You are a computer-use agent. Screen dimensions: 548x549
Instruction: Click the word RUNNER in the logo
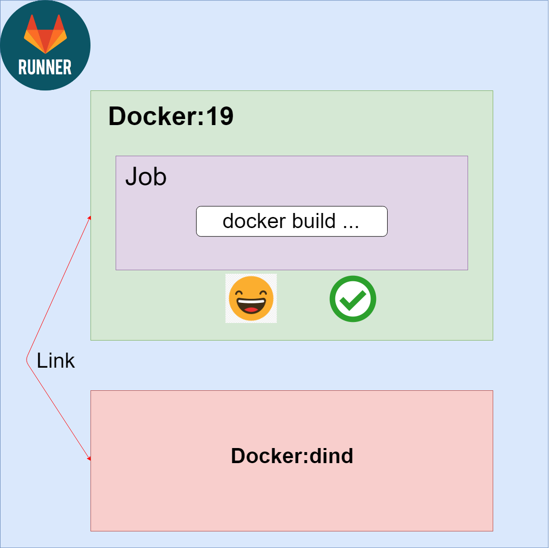45,67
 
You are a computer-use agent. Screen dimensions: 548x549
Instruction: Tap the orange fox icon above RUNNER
45,34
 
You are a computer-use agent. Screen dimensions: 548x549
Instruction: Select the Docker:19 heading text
171,117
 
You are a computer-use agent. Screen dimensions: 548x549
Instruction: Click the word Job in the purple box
146,177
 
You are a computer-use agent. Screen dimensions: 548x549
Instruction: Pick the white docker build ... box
292,221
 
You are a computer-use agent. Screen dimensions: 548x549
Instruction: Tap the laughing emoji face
251,298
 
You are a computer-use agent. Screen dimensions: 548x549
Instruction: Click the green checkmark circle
353,299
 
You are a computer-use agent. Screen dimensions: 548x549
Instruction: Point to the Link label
56,361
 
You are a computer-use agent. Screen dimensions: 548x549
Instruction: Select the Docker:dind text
292,456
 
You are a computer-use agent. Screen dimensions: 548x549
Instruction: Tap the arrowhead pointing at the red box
89,458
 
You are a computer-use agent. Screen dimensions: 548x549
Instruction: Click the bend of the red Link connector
27,360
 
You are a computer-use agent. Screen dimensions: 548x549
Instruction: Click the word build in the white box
312,221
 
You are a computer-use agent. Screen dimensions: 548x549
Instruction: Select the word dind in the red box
332,456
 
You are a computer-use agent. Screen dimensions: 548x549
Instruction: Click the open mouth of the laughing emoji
251,305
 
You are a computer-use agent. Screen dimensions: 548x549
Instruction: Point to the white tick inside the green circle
353,300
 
